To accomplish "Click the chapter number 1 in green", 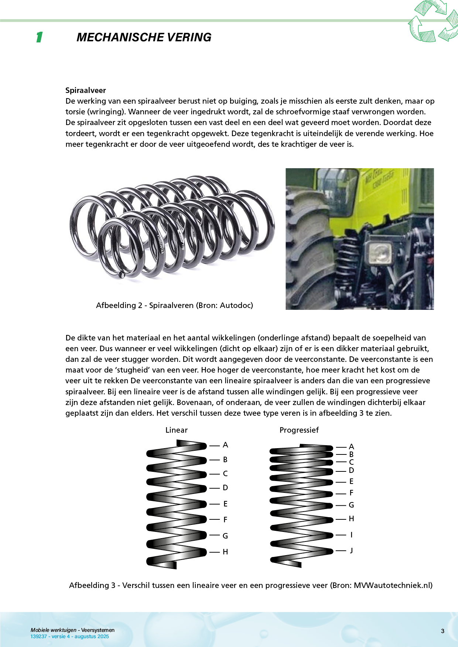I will pos(39,37).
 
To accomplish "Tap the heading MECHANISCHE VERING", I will pos(144,37).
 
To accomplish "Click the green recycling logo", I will pos(433,21).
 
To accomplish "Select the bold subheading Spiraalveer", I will pos(85,90).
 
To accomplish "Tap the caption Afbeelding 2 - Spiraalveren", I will pos(174,305).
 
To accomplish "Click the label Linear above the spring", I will pos(176,430).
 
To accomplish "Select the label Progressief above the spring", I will pos(299,430).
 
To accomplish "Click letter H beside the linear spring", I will pos(225,552).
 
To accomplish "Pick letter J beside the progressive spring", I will pos(351,550).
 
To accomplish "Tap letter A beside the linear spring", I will pos(225,445).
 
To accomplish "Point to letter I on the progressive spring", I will pos(351,534).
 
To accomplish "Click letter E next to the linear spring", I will pos(225,504).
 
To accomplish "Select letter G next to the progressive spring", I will pos(351,505).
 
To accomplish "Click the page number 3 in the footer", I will pos(442,631).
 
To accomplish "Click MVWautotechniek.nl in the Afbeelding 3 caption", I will pos(393,585).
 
